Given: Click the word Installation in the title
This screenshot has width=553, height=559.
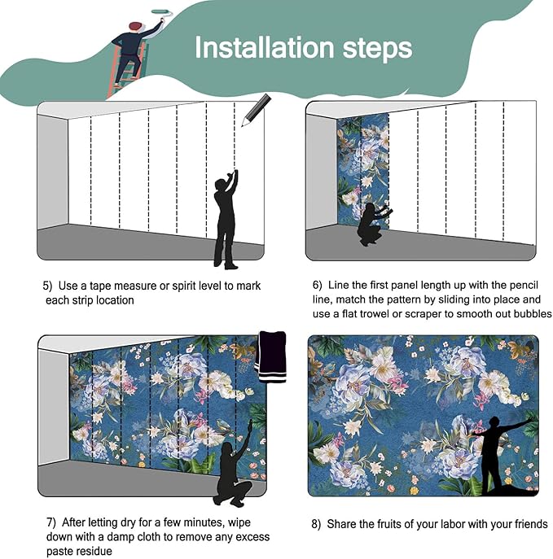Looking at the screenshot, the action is point(264,47).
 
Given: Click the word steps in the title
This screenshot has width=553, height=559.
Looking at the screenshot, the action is point(377,49).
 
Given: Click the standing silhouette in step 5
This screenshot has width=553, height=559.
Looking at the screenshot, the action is point(226,219).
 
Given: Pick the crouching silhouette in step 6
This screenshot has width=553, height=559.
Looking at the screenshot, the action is point(374,224).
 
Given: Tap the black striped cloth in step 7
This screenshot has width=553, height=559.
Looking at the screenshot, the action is point(272,357).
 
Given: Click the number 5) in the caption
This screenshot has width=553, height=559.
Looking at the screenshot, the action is point(47,286).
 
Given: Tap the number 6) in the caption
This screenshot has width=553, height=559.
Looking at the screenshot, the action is point(317,286).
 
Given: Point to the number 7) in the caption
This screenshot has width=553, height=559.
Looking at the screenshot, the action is point(51,522).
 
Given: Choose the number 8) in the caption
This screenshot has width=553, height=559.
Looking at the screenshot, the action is point(316,524).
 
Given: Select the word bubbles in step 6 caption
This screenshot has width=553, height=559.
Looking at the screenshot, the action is point(533,314).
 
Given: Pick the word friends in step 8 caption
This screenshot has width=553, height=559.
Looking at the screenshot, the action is point(531,524).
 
